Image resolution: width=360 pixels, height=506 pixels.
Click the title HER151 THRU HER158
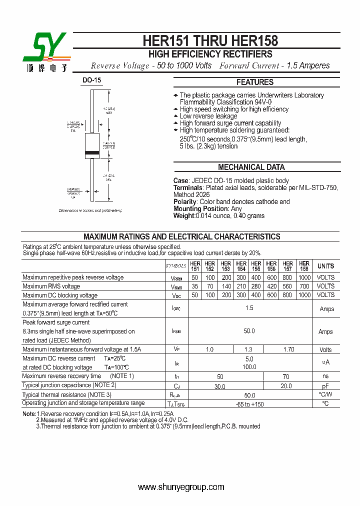pyautogui.click(x=210, y=40)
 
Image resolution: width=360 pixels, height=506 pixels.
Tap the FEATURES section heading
pyautogui.click(x=254, y=82)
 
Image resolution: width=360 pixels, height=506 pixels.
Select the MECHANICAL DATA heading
pyautogui.click(x=251, y=167)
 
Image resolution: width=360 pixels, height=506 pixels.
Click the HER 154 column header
pyautogui.click(x=241, y=266)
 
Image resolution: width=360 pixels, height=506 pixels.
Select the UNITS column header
pyautogui.click(x=325, y=266)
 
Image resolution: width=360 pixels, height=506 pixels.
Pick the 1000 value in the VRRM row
pyautogui.click(x=304, y=277)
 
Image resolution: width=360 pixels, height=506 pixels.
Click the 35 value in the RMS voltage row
pyautogui.click(x=194, y=286)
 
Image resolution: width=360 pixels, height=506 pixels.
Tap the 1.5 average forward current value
pyautogui.click(x=249, y=308)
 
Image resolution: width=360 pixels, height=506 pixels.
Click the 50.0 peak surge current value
pyautogui.click(x=249, y=331)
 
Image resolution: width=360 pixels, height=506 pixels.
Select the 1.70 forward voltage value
pyautogui.click(x=288, y=349)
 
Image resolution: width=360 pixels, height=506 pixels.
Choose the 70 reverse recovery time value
pyautogui.click(x=286, y=376)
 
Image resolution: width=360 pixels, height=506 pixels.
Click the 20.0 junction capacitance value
pyautogui.click(x=286, y=386)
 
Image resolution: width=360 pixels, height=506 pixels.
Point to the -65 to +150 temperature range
pyautogui.click(x=249, y=404)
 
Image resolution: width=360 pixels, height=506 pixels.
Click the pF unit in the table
pyautogui.click(x=325, y=386)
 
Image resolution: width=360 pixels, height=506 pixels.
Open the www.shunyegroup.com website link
pyautogui.click(x=180, y=487)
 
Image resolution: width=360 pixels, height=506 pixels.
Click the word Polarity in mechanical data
pyautogui.click(x=185, y=201)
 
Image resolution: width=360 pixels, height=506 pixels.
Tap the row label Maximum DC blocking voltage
pyautogui.click(x=60, y=295)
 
